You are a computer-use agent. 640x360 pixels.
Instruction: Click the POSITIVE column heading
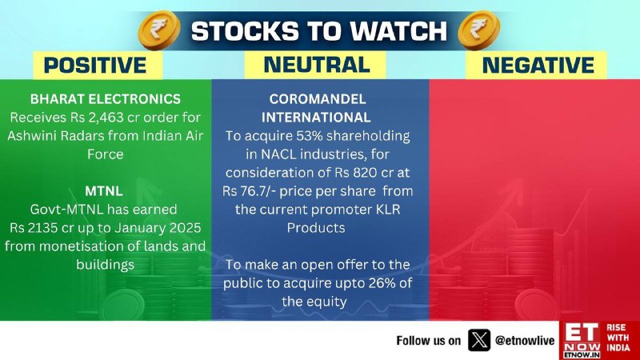coord(94,66)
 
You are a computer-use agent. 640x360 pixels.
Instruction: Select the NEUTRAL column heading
coord(317,65)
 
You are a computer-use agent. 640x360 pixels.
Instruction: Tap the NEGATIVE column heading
coord(538,66)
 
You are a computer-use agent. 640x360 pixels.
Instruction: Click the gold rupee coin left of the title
coord(159,30)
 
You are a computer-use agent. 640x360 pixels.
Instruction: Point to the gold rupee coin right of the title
coord(478,30)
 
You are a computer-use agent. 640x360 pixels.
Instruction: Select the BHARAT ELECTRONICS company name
coord(106,99)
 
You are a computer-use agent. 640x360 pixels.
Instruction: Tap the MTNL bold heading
coord(104,191)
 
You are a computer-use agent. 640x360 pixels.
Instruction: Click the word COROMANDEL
coord(318,99)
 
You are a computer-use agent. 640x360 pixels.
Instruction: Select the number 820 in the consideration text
coord(363,173)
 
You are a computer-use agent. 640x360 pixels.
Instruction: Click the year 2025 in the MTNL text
coord(186,228)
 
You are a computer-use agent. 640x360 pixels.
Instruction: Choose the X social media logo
coord(478,340)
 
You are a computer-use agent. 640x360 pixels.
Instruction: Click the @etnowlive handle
coord(525,341)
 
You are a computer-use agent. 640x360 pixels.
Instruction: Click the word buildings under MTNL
coord(106,265)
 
